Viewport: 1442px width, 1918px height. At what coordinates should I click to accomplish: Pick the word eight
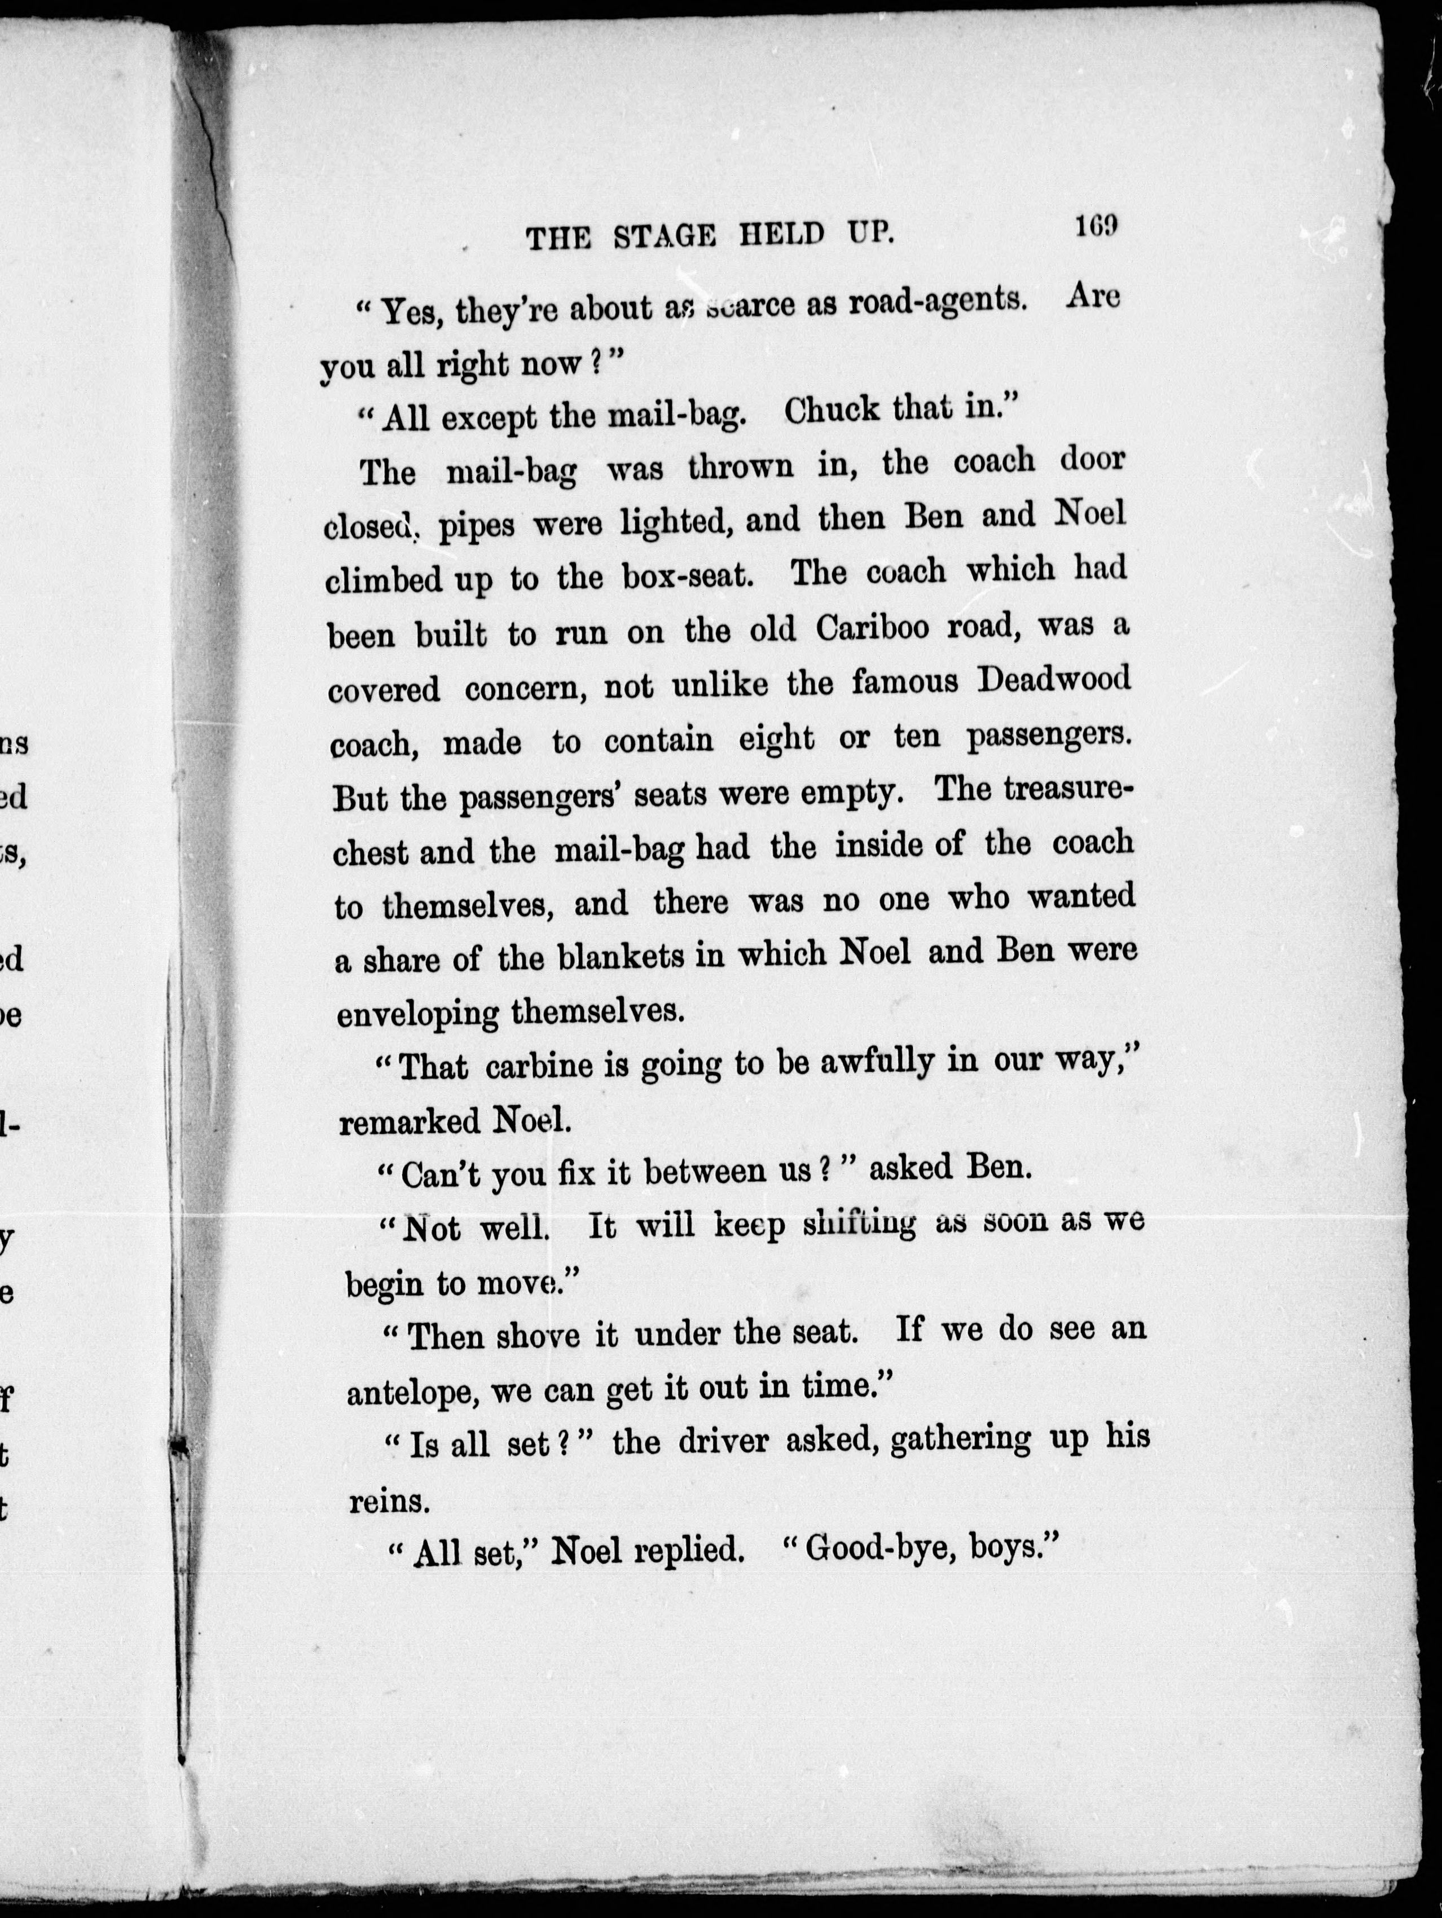(776, 740)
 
